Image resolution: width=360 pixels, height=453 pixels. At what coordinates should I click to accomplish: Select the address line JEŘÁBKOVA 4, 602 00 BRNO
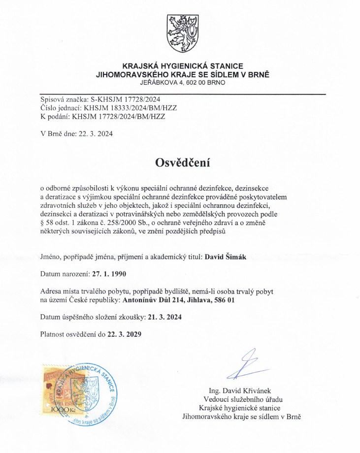click(183, 83)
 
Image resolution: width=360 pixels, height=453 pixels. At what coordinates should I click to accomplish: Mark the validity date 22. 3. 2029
click(125, 334)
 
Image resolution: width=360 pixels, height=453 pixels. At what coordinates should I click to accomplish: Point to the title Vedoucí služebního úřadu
click(243, 399)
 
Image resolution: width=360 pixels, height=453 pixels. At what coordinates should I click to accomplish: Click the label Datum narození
click(62, 273)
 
